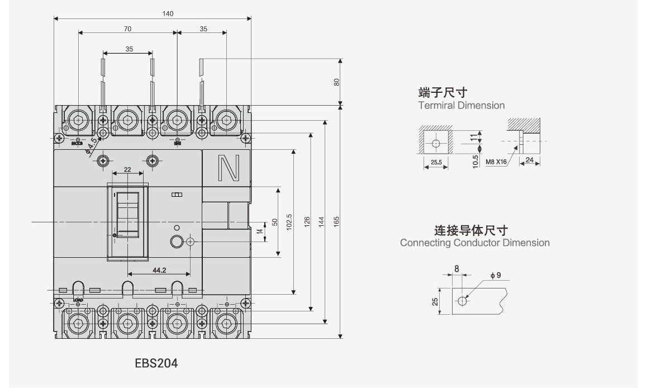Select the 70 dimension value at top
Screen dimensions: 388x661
[127, 29]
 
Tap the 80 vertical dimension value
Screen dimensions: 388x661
[336, 82]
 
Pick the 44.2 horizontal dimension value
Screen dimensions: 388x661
[159, 270]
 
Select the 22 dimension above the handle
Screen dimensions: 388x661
[127, 168]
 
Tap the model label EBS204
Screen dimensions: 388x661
[156, 363]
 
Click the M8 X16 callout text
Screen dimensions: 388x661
[496, 162]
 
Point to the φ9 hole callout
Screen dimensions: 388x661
[496, 275]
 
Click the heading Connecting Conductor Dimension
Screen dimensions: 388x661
[474, 243]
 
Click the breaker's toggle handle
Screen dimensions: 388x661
[127, 215]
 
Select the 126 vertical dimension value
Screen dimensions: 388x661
[307, 222]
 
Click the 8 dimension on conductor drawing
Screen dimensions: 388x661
[456, 269]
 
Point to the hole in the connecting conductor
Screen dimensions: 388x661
[462, 301]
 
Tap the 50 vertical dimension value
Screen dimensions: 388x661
[274, 222]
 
